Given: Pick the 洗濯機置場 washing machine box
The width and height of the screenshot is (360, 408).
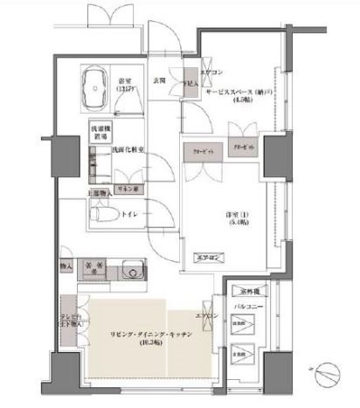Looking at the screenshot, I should tap(99, 135).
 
